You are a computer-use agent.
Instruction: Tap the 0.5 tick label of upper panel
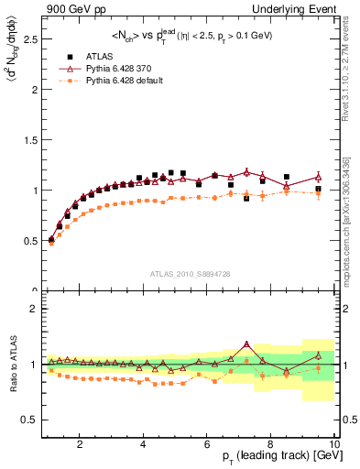coord(28,241)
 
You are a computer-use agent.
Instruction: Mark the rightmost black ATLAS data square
coord(318,189)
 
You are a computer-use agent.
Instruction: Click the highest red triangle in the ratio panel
coord(246,344)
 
